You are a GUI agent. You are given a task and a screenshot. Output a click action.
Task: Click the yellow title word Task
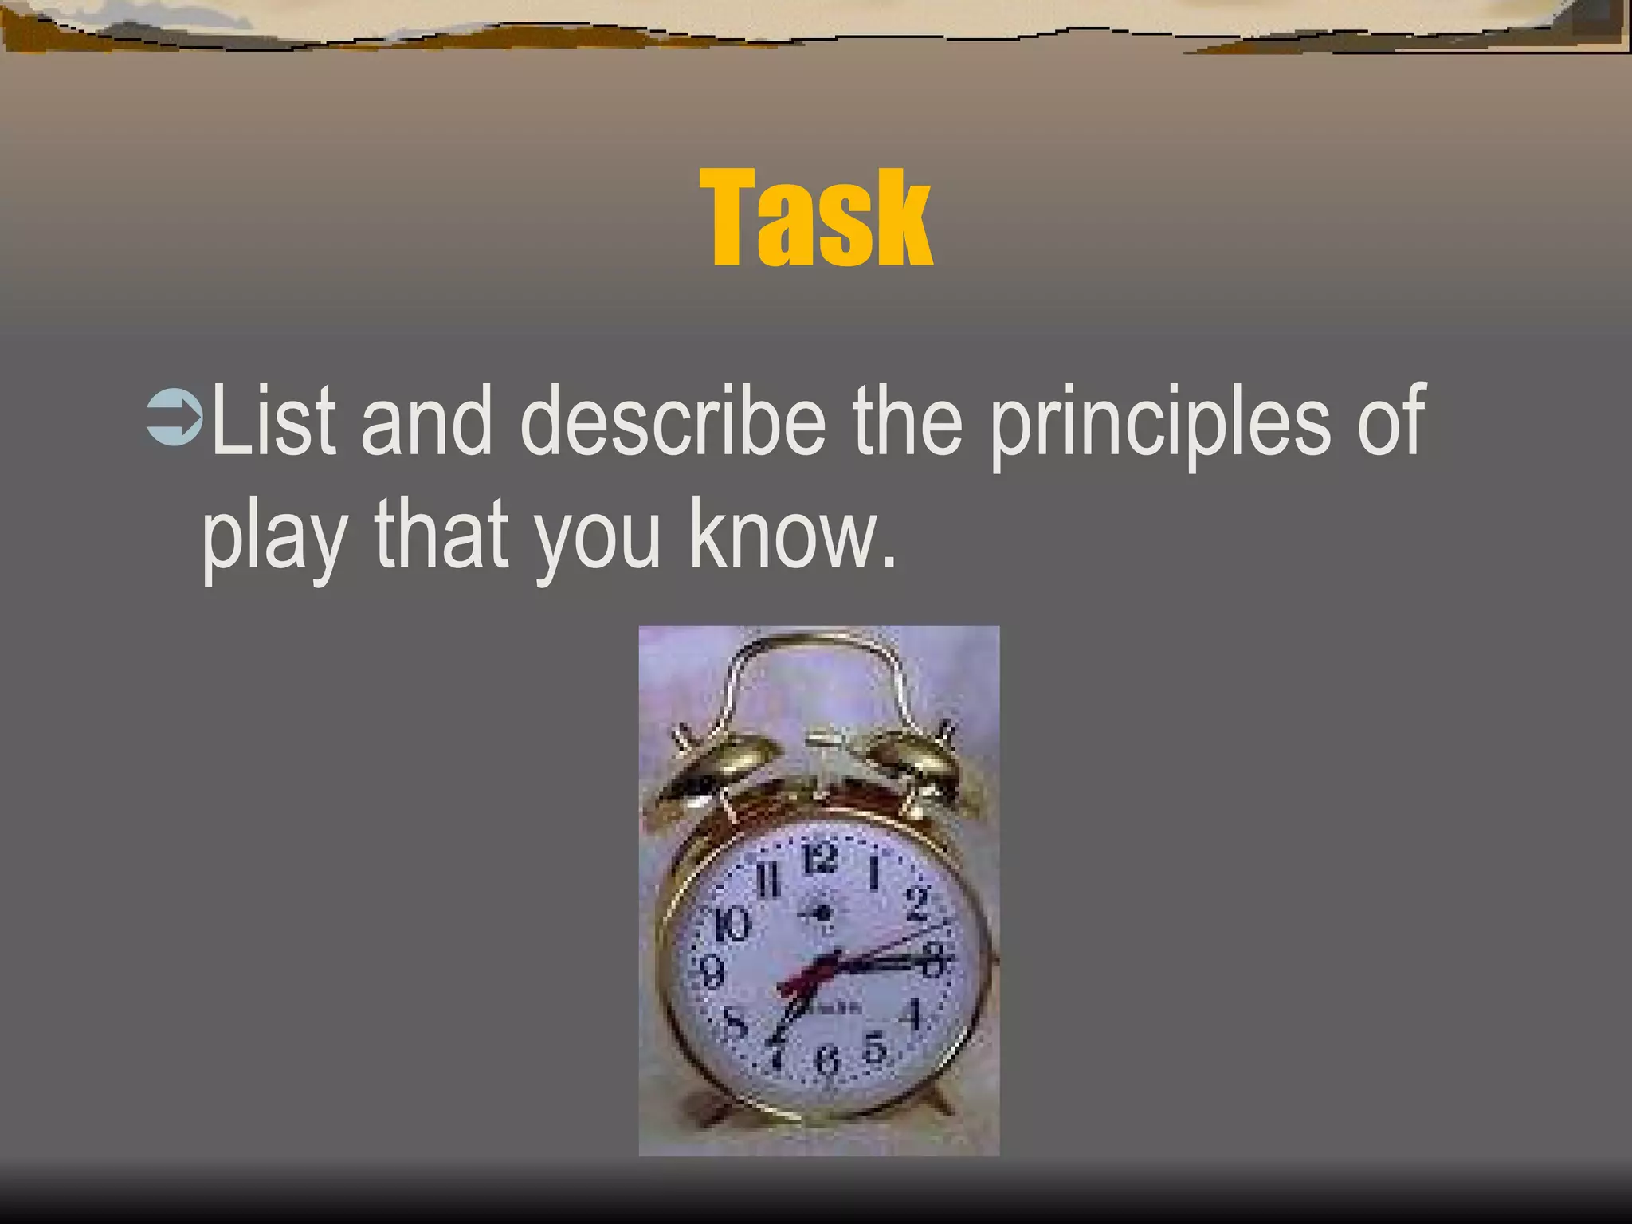click(817, 218)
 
